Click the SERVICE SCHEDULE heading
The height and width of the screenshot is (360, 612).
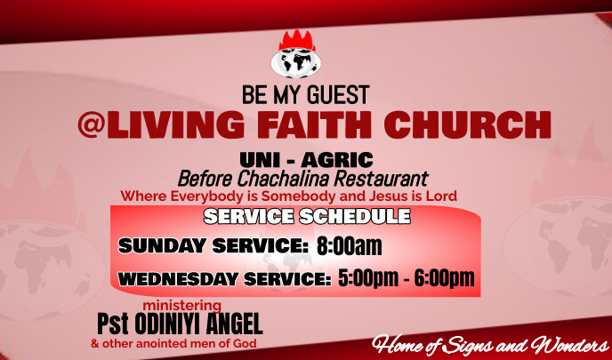point(307,216)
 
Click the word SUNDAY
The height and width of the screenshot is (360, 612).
point(161,246)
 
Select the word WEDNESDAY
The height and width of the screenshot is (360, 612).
point(175,279)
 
